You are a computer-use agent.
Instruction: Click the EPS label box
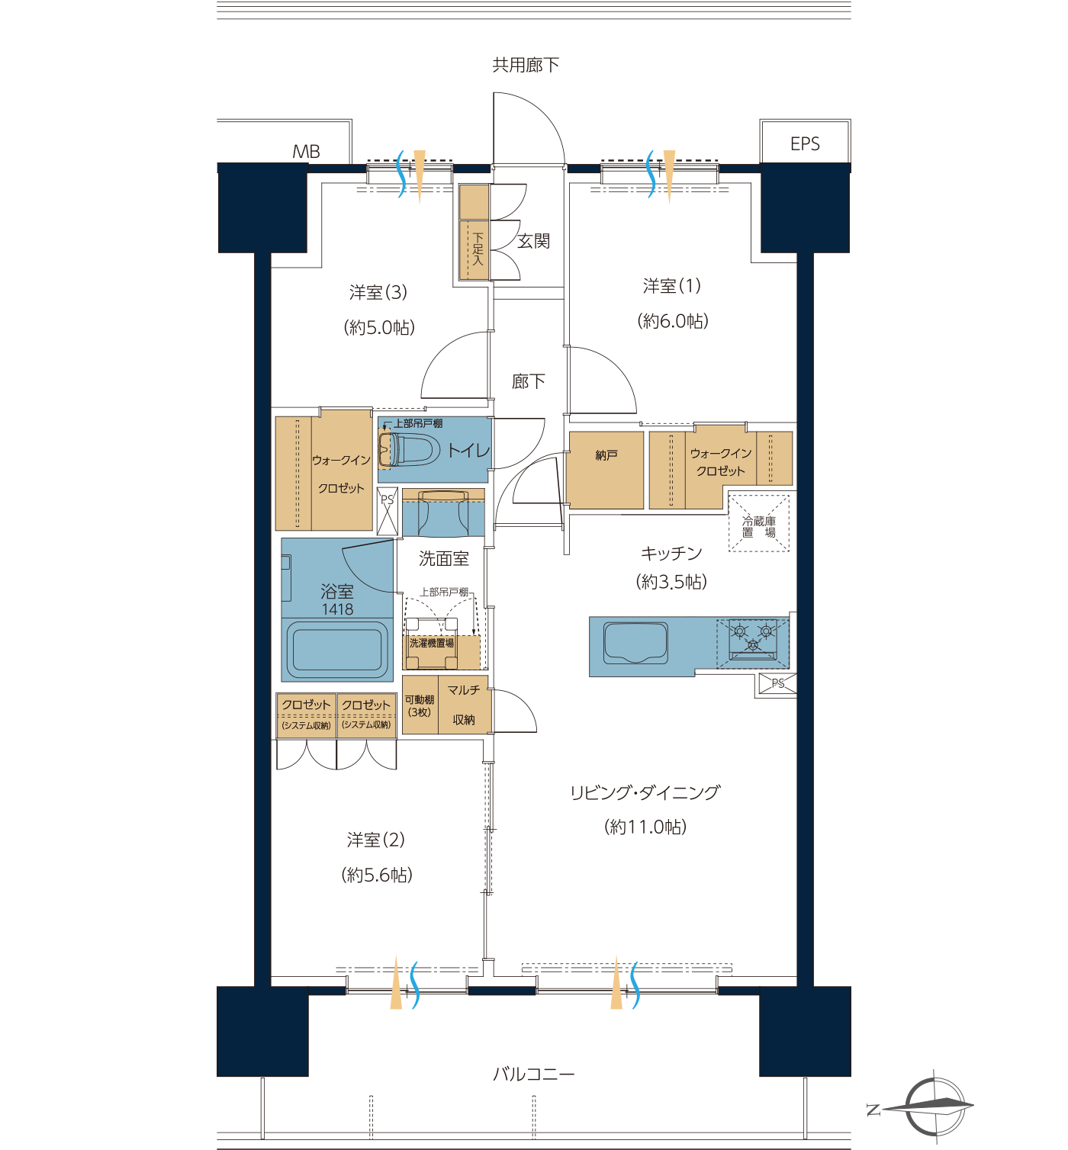click(x=804, y=142)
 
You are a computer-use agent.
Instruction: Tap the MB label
click(x=306, y=152)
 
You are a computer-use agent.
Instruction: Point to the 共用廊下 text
click(x=526, y=65)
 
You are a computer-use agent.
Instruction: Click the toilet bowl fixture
click(x=407, y=449)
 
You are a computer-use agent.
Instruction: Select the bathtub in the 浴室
click(x=337, y=650)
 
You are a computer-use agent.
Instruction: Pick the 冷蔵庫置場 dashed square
click(x=758, y=523)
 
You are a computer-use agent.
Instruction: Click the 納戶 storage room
click(x=606, y=471)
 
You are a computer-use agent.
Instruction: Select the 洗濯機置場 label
click(x=432, y=644)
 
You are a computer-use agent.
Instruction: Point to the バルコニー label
click(x=534, y=1075)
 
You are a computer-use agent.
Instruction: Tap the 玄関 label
click(x=533, y=241)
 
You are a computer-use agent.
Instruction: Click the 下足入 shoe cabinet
click(x=474, y=249)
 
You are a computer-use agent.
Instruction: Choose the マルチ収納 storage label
click(x=464, y=705)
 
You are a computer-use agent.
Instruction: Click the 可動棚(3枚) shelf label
click(x=420, y=706)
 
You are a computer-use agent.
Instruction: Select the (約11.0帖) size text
click(x=645, y=827)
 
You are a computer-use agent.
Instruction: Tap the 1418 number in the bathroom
click(x=338, y=609)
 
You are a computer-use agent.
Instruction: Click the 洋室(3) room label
click(x=378, y=292)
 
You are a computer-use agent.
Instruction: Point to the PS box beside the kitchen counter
click(x=777, y=683)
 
